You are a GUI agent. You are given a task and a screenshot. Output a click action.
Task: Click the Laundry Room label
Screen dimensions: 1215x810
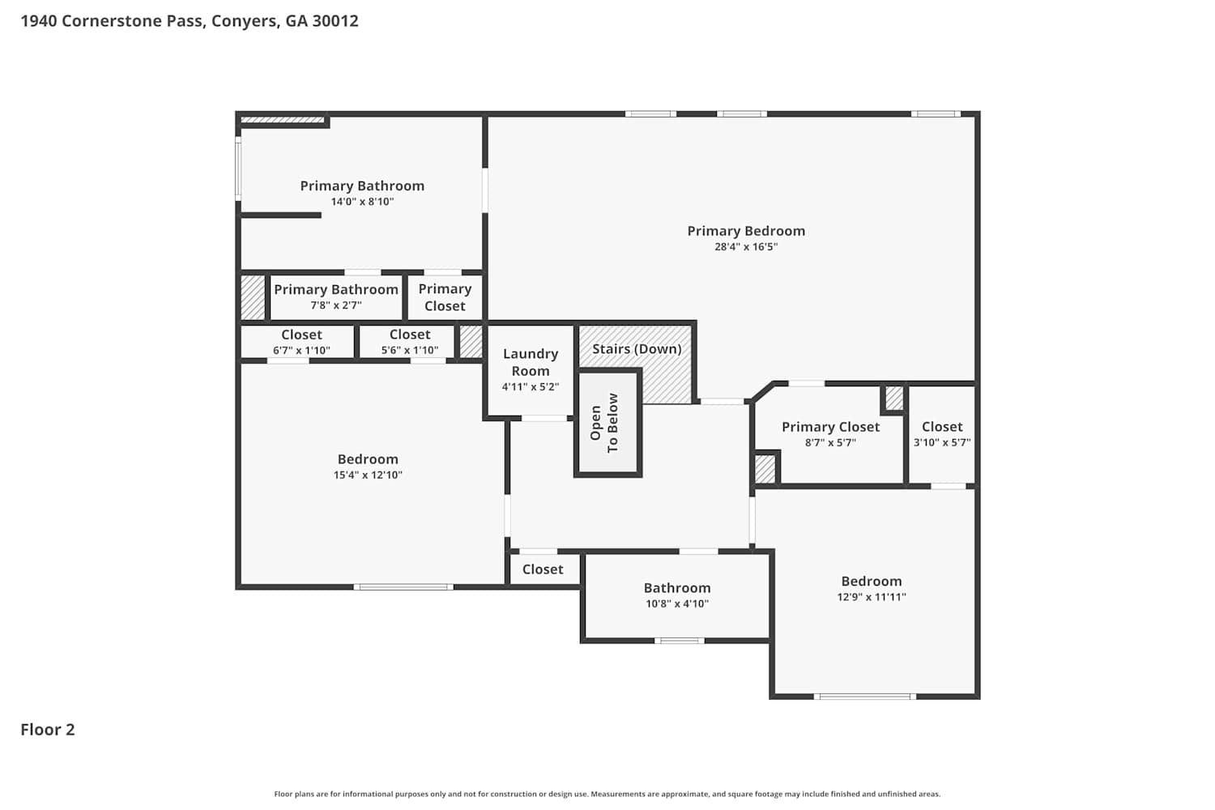(x=531, y=362)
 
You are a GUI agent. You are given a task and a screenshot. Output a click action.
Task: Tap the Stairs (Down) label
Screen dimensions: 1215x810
(x=637, y=349)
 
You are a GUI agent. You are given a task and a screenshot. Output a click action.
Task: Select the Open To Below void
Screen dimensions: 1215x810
(x=608, y=423)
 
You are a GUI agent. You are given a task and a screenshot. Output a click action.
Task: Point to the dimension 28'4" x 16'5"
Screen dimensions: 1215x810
(x=746, y=247)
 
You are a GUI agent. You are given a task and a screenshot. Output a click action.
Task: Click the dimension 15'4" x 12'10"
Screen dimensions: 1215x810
(x=368, y=475)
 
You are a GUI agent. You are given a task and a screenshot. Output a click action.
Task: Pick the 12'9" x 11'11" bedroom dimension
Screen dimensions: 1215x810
(x=871, y=597)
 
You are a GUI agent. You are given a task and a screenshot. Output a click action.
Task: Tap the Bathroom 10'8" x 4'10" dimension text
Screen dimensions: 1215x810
(x=677, y=603)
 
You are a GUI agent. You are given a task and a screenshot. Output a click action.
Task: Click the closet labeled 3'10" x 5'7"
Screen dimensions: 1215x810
(x=942, y=434)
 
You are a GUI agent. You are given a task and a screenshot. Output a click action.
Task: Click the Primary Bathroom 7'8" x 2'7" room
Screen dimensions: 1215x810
(x=336, y=297)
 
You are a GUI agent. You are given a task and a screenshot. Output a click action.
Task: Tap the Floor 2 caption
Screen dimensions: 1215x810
(x=48, y=730)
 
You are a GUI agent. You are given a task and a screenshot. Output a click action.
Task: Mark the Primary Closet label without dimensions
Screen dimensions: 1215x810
(x=445, y=297)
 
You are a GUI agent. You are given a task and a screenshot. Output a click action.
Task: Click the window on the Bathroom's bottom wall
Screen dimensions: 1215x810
(x=679, y=641)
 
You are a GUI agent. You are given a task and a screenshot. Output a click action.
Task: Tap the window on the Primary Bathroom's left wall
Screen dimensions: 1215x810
(x=238, y=168)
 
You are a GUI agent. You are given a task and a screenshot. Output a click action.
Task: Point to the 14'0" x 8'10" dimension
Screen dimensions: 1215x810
(x=362, y=202)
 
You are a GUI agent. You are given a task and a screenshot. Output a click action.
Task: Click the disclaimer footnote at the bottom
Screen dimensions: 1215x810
(x=607, y=794)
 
